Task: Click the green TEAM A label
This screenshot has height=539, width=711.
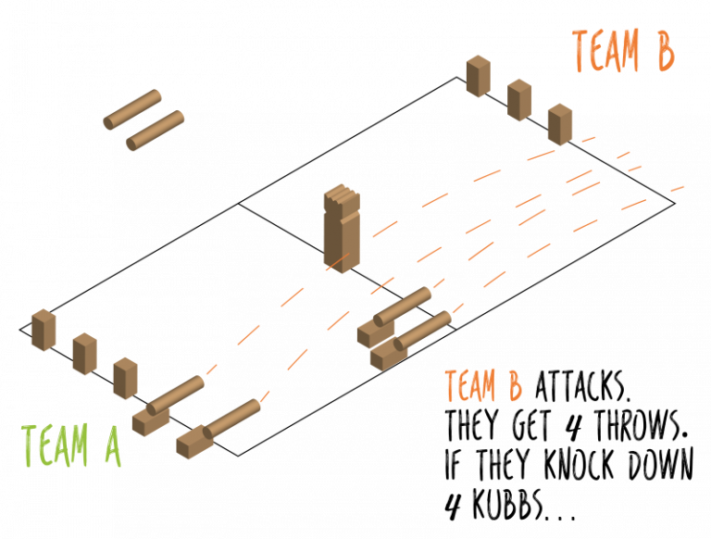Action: click(x=70, y=446)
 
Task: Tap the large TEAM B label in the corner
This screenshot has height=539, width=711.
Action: click(x=623, y=51)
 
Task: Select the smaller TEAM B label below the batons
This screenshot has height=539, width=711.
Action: click(x=482, y=386)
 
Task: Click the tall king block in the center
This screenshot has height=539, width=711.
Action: click(x=341, y=229)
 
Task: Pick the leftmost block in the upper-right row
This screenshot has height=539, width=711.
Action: click(x=478, y=76)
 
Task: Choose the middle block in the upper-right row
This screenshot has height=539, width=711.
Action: click(x=519, y=100)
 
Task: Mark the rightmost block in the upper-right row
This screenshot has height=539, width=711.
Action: click(x=560, y=124)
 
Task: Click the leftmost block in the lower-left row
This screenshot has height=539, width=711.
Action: click(x=44, y=330)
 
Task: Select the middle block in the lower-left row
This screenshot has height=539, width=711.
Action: click(x=84, y=354)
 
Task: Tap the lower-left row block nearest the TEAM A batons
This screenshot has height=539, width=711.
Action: click(x=125, y=378)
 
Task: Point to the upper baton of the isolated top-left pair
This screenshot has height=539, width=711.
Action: click(x=132, y=109)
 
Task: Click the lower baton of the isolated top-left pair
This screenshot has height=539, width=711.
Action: click(x=156, y=130)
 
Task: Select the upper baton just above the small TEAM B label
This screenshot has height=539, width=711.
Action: click(x=404, y=306)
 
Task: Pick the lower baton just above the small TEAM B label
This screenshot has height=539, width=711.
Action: click(x=424, y=330)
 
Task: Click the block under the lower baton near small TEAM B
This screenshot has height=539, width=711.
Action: click(x=387, y=356)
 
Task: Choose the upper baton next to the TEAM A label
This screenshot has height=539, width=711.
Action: click(x=176, y=395)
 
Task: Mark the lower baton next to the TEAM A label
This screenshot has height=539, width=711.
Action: click(x=232, y=418)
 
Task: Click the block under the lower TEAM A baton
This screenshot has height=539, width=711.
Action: click(x=193, y=444)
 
